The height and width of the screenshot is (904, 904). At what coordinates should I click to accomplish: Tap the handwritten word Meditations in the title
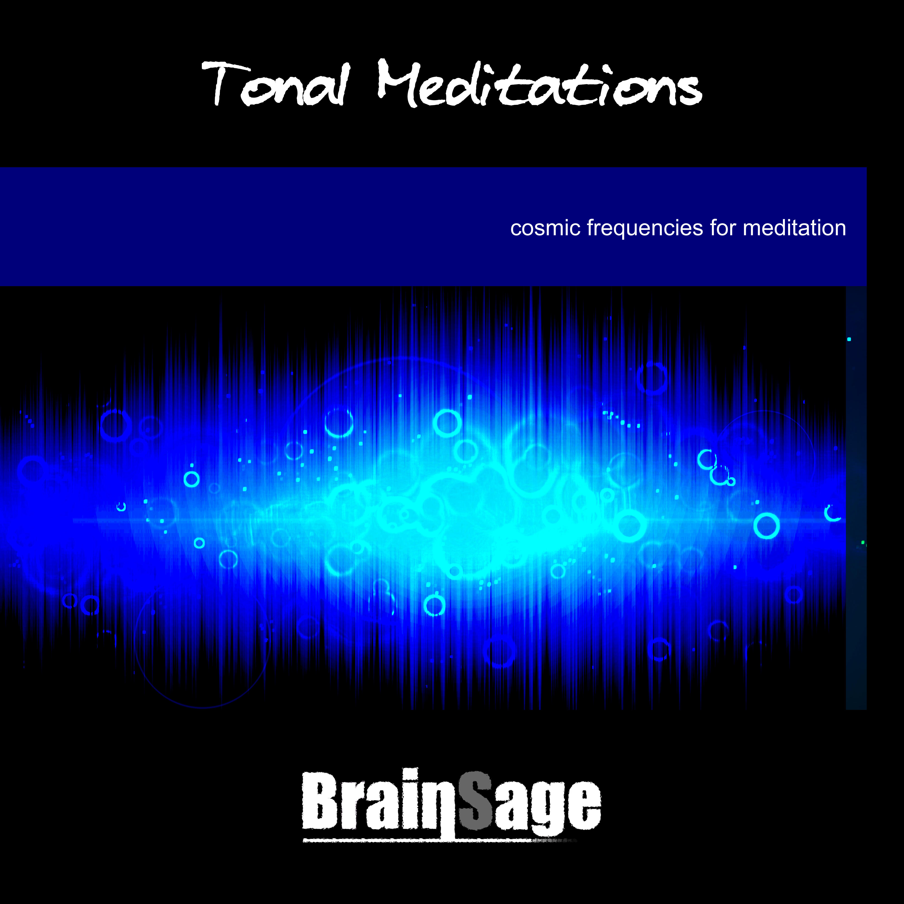[x=539, y=83]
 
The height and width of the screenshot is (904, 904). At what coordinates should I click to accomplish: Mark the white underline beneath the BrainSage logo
[x=440, y=840]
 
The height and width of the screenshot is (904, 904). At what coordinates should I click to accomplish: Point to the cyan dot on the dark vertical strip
[x=849, y=339]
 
